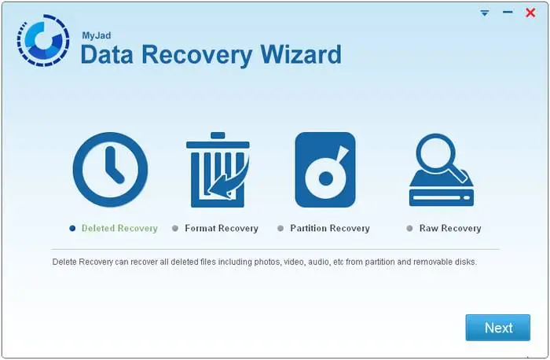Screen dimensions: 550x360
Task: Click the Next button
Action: point(497,328)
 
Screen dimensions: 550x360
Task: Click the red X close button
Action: point(530,13)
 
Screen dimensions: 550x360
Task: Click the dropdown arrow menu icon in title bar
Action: point(485,13)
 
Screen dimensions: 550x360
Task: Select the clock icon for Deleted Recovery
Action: point(110,170)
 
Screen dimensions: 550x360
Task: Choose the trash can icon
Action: point(218,170)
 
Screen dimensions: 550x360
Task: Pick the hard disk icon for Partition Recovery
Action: point(325,170)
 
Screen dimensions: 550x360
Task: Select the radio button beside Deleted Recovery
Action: point(72,229)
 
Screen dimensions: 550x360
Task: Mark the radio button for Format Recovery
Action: point(175,229)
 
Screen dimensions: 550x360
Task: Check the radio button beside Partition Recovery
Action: point(280,229)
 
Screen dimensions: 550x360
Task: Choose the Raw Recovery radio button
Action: point(409,229)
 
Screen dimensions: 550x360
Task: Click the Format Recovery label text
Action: point(222,229)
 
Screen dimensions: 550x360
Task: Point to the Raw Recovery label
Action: point(450,229)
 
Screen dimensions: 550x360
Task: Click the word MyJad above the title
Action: point(97,36)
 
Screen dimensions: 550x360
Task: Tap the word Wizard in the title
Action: point(300,54)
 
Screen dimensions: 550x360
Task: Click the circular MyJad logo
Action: point(43,40)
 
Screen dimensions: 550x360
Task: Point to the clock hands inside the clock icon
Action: point(115,165)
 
